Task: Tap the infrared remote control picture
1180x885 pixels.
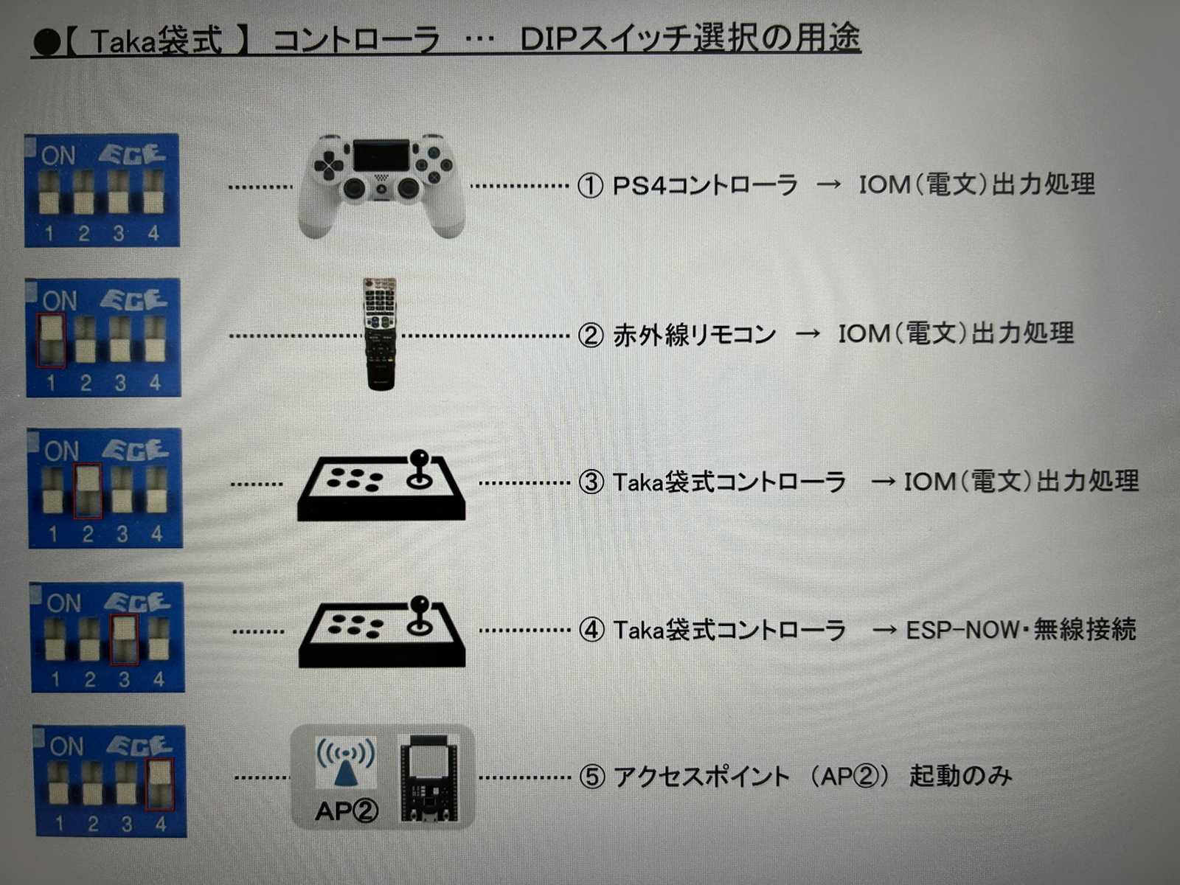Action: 381,333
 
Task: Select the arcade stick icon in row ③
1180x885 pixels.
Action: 382,486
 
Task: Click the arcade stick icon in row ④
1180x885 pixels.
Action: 382,632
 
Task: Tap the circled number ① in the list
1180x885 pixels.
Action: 590,186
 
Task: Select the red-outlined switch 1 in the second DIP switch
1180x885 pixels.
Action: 51,341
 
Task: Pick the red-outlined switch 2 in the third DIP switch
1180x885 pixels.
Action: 88,491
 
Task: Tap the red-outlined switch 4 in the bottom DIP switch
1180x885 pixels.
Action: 159,784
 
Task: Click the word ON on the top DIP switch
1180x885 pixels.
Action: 58,156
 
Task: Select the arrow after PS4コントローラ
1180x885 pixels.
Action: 828,184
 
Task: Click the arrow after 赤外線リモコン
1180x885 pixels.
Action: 808,333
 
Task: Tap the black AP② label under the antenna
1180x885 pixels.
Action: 347,811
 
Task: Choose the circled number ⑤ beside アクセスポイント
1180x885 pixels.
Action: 592,777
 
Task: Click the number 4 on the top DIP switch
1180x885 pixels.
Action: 153,233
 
